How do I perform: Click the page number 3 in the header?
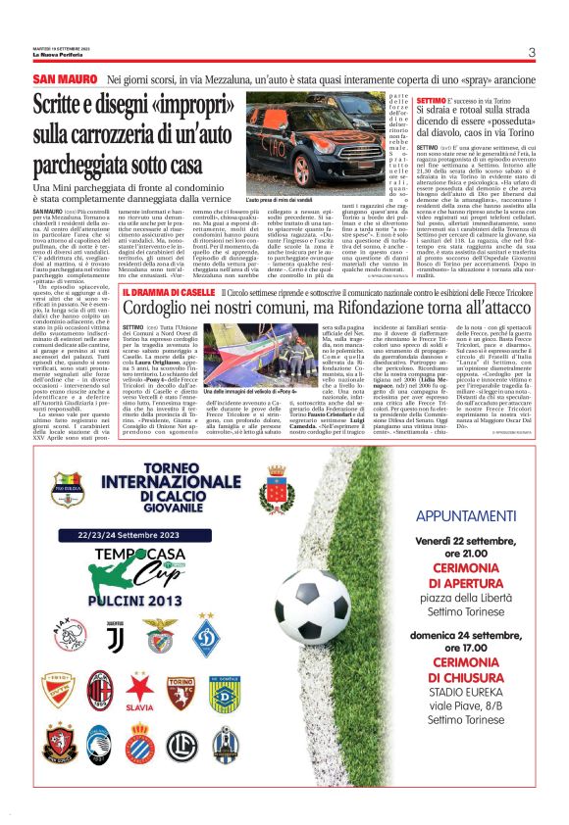coord(530,53)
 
